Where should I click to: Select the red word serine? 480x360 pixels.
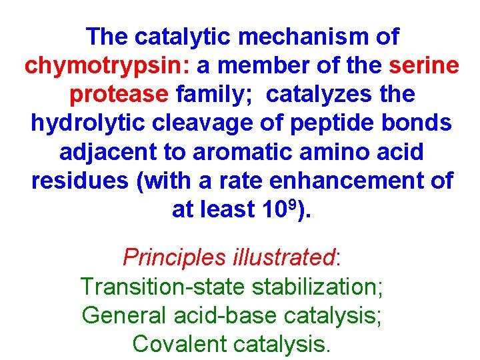(x=424, y=67)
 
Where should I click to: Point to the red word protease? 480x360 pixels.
(x=119, y=95)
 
